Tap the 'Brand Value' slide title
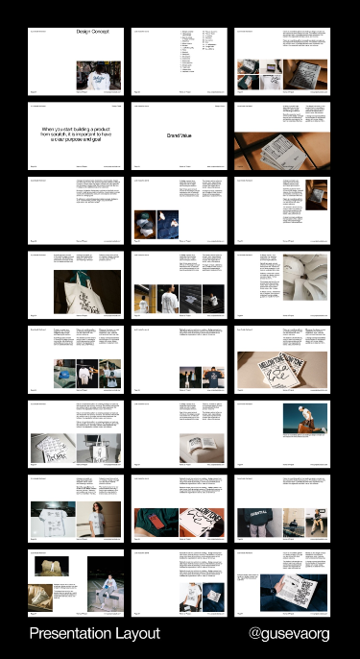180,134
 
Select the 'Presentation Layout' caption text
94,634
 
